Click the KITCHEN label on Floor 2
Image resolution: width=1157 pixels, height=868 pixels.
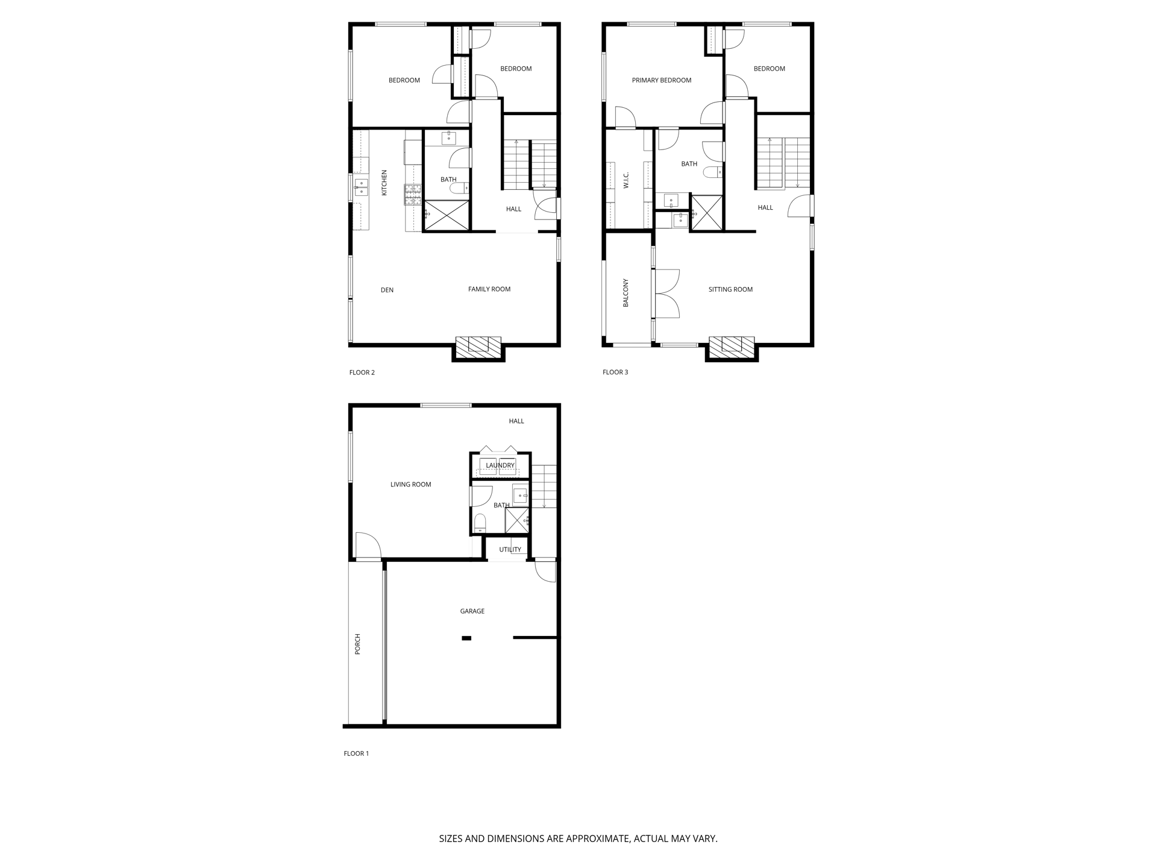tap(384, 183)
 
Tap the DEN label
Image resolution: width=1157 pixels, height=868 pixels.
tap(387, 290)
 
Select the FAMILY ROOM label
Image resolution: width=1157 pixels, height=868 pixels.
tap(489, 289)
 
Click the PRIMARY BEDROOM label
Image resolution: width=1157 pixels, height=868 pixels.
tap(662, 80)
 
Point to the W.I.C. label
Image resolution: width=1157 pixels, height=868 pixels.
tap(626, 180)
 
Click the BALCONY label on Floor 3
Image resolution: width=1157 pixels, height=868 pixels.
tap(626, 293)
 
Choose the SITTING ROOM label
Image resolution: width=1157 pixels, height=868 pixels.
tap(730, 289)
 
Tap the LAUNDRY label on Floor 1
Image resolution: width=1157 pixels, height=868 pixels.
tap(500, 465)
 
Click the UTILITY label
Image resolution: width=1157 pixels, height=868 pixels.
tap(510, 550)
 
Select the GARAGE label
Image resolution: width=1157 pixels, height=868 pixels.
tap(472, 611)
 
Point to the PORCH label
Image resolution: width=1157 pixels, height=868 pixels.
tap(357, 644)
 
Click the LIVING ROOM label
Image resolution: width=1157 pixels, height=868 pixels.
tap(410, 485)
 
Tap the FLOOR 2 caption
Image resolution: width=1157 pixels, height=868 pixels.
tap(362, 373)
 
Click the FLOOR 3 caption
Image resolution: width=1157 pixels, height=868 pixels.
tap(615, 372)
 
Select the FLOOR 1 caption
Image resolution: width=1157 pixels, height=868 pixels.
tap(356, 753)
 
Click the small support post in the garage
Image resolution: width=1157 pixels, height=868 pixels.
tap(466, 638)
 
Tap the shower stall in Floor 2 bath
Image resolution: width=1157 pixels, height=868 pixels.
tap(447, 215)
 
